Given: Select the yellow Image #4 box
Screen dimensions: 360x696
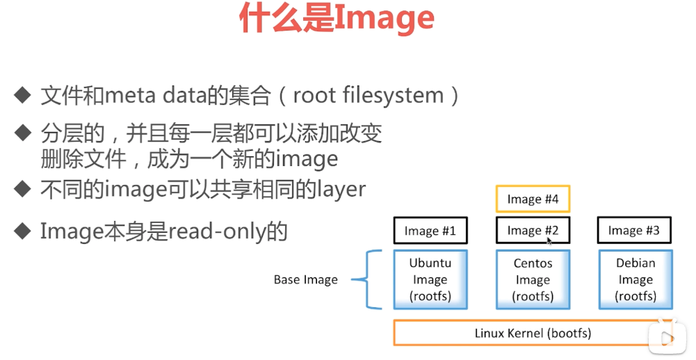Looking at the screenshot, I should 533,199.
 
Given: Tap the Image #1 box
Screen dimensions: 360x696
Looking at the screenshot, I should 430,231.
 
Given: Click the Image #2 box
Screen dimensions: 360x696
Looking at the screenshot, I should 533,231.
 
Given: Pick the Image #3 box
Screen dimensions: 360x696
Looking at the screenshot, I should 633,231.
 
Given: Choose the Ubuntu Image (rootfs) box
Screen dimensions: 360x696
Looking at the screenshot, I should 430,279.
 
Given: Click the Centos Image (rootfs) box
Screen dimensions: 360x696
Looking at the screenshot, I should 533,279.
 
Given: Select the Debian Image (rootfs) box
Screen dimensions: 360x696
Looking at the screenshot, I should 636,279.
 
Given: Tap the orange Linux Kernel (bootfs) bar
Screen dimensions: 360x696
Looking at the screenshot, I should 533,333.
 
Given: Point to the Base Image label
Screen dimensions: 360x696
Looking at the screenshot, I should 305,280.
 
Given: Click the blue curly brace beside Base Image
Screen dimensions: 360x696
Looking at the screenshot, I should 372,280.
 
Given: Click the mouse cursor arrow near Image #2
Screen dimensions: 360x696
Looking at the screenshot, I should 549,240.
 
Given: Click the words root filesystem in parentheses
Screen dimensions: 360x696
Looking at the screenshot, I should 369,95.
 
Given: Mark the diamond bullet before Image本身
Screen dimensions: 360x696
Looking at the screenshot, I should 24,229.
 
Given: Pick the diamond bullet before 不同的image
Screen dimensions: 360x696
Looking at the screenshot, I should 24,188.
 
